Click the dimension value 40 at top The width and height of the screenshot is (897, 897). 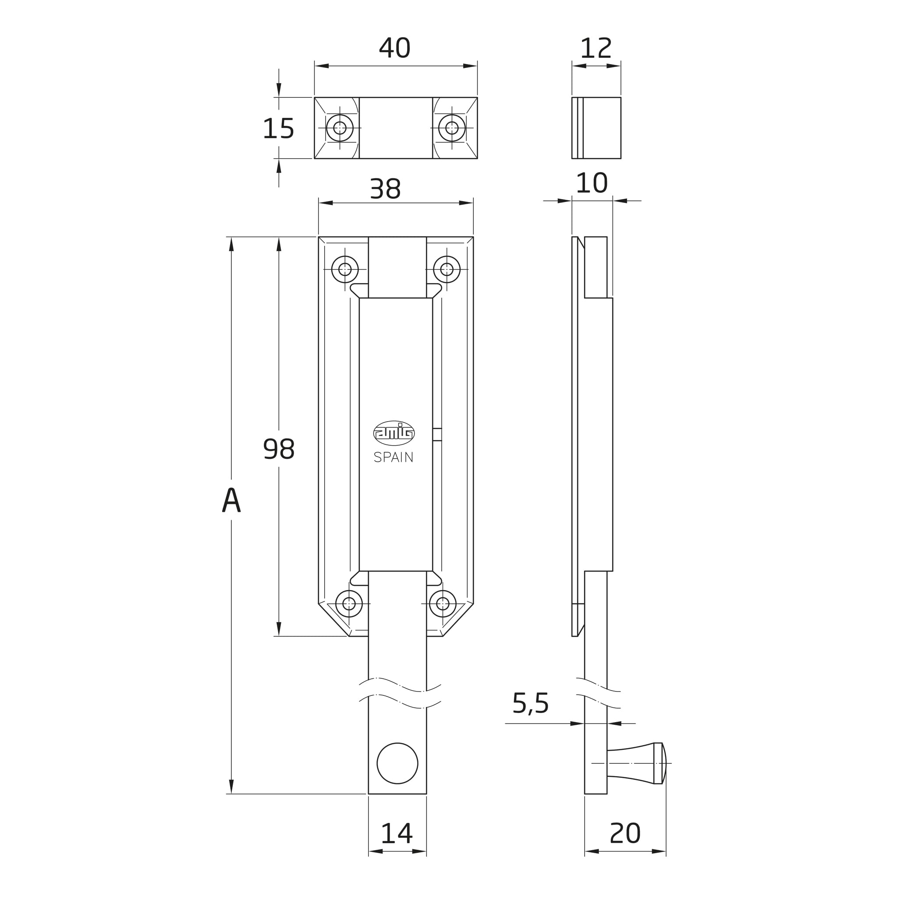pyautogui.click(x=395, y=48)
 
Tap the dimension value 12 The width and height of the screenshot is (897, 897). pyautogui.click(x=596, y=48)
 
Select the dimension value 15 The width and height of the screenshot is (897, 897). pyautogui.click(x=278, y=128)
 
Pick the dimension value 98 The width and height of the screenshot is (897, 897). pyautogui.click(x=279, y=449)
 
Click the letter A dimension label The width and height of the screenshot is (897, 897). pyautogui.click(x=231, y=500)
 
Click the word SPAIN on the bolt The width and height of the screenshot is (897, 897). pyautogui.click(x=393, y=458)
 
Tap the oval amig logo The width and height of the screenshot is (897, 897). pyautogui.click(x=394, y=433)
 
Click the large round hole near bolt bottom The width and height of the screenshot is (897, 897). pyautogui.click(x=397, y=763)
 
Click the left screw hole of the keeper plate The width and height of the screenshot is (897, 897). pyautogui.click(x=340, y=128)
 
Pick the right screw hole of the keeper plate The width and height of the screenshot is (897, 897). pyautogui.click(x=452, y=128)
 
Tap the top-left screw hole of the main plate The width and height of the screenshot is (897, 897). pyautogui.click(x=345, y=269)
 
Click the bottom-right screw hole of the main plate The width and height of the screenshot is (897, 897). pyautogui.click(x=443, y=603)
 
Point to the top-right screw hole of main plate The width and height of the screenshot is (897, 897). pyautogui.click(x=447, y=269)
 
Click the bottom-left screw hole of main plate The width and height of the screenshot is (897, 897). pyautogui.click(x=349, y=603)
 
